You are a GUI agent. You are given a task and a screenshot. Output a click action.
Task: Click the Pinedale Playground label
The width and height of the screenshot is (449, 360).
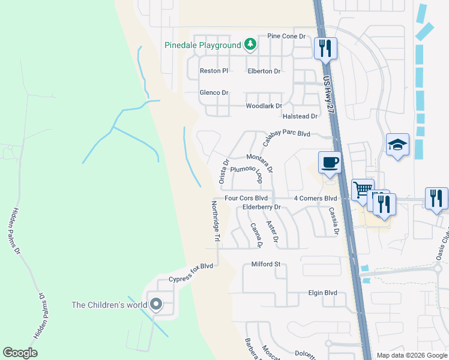coord(203,45)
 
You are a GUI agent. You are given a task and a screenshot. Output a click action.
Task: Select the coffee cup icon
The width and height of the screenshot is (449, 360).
coord(330,162)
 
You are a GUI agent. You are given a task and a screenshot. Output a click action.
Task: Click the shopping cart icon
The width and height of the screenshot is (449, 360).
coord(363,190)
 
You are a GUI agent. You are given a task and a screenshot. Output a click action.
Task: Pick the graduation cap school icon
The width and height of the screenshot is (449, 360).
coord(397,145)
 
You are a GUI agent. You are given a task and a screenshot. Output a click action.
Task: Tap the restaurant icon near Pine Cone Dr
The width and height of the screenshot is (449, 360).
coord(325,48)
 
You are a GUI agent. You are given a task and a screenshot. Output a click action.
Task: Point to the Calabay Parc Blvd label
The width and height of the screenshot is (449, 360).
coord(287,134)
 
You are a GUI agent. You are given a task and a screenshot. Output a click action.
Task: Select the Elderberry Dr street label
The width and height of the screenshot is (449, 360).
coord(262,207)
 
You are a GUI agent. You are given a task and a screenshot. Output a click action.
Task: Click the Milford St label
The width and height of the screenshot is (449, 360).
coord(266,264)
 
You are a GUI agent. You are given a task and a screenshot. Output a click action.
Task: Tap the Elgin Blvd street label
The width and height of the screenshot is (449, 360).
coord(322,293)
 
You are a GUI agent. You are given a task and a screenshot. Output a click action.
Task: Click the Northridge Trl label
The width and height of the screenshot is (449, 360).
coord(214,221)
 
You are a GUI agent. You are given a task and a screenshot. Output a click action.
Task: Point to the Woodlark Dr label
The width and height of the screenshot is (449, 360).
coord(264,106)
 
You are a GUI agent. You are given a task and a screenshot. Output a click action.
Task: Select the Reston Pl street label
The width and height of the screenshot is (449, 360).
coord(214,71)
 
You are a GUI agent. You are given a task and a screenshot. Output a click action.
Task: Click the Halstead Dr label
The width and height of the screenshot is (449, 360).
coord(300,116)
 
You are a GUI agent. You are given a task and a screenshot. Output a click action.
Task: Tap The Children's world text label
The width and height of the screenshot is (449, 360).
coord(109,305)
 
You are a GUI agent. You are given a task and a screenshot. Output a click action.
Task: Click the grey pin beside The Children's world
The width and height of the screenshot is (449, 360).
coord(156,304)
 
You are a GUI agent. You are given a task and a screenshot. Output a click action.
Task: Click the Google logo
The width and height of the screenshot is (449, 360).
coord(20,353)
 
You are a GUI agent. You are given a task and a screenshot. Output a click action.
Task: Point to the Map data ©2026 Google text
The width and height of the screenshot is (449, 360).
coord(411,355)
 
